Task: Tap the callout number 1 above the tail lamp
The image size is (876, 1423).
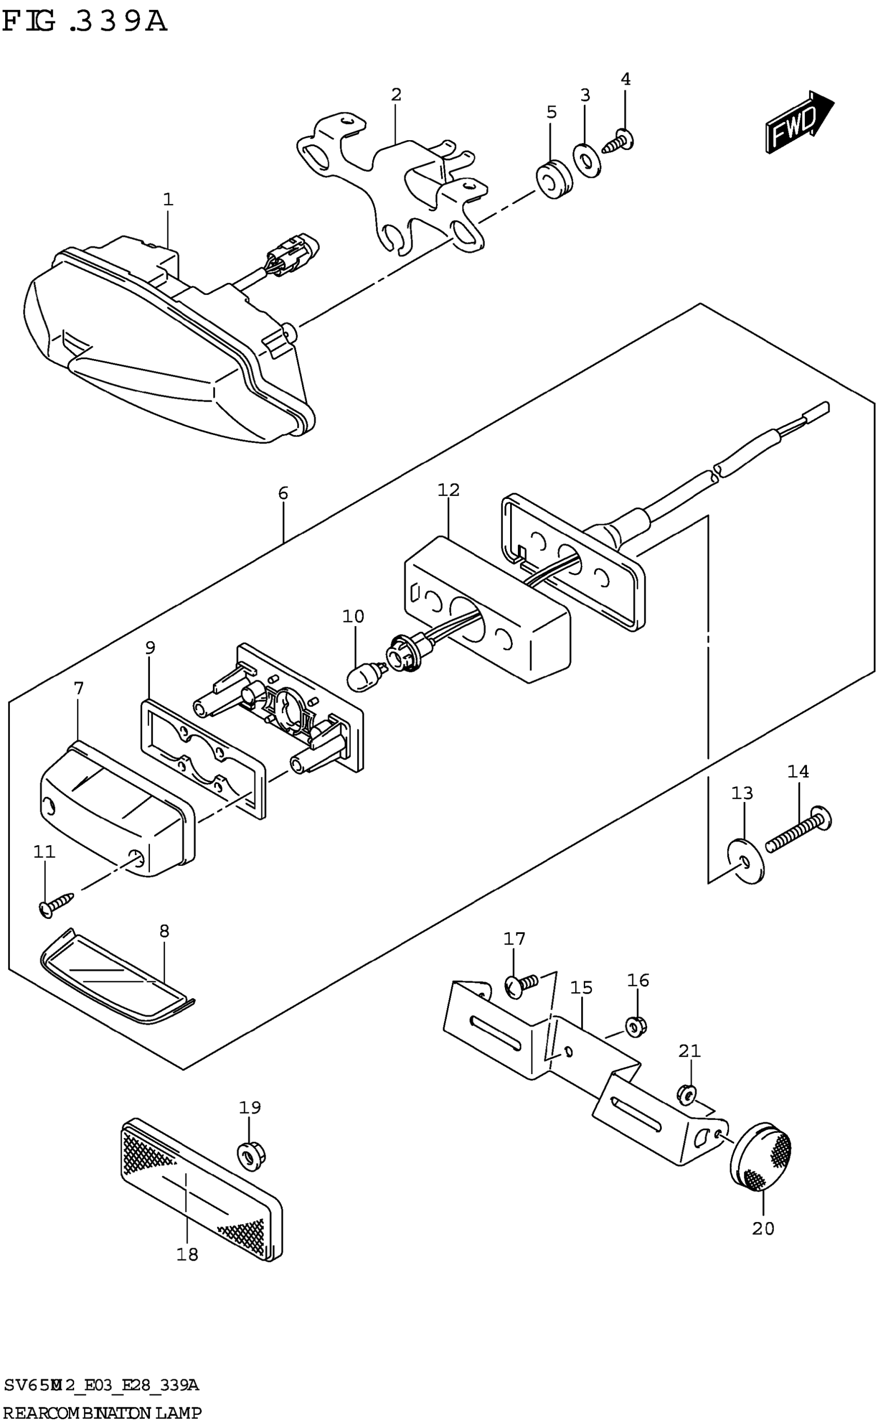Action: pyautogui.click(x=168, y=200)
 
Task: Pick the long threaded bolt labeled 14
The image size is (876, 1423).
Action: pyautogui.click(x=800, y=830)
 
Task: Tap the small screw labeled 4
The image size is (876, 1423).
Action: pyautogui.click(x=618, y=141)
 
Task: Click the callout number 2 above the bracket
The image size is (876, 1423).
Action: pyautogui.click(x=396, y=94)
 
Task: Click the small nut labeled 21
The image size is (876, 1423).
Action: pyautogui.click(x=686, y=1092)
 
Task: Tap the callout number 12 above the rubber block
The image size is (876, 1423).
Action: pyautogui.click(x=448, y=490)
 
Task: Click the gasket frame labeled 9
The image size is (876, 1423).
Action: pyautogui.click(x=203, y=759)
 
